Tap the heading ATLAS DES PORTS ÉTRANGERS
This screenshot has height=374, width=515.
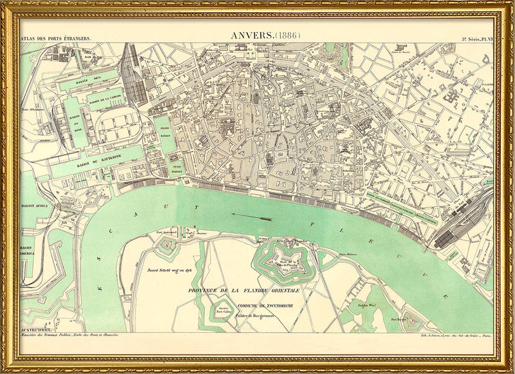(55, 39)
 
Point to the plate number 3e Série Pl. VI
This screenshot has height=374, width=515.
(476, 39)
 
